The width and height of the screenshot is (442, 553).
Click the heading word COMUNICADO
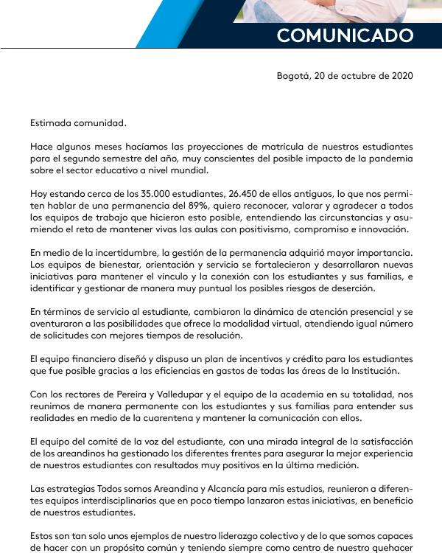point(345,35)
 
